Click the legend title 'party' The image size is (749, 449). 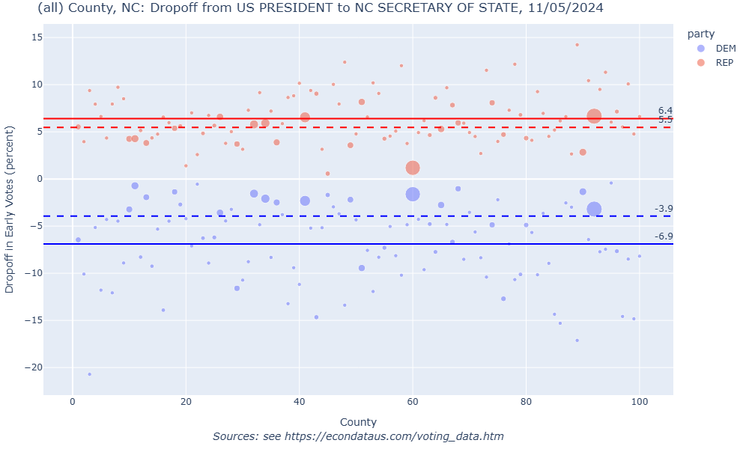point(701,34)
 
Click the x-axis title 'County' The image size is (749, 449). point(358,422)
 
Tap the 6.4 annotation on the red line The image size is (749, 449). point(665,111)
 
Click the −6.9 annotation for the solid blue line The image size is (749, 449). point(664,236)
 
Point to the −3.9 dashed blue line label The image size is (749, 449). point(664,209)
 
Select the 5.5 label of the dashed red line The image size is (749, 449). point(665,120)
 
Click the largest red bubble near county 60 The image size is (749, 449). point(413,168)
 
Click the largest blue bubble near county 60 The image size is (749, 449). point(413,194)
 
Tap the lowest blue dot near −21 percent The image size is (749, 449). point(89,374)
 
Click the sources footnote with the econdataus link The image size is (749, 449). point(358,436)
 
